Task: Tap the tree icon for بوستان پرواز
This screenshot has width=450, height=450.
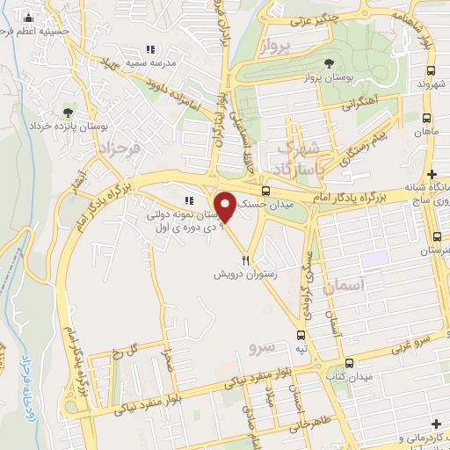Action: [329, 62]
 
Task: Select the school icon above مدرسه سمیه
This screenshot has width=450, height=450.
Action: [150, 49]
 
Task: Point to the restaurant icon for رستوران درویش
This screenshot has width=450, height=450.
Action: [246, 260]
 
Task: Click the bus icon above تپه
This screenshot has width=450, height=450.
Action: [301, 335]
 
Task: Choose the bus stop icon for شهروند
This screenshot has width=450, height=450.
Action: [430, 70]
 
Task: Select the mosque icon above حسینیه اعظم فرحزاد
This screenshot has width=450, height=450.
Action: [29, 18]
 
